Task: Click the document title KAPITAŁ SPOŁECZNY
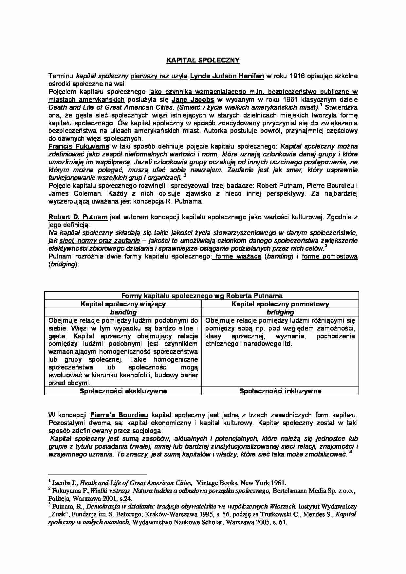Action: pos(203,60)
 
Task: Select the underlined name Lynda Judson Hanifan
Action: pos(227,76)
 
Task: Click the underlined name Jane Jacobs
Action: pos(193,100)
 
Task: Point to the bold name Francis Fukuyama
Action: pos(79,146)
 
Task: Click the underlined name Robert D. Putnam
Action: pos(78,217)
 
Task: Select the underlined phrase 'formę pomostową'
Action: pos(329,257)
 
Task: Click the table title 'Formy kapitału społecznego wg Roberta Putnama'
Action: pos(202,296)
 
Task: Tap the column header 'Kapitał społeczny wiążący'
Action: pos(123,304)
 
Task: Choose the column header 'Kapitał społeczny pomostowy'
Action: pos(280,304)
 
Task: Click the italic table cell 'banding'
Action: pos(123,312)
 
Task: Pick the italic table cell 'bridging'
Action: pos(280,312)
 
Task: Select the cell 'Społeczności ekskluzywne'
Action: pos(123,391)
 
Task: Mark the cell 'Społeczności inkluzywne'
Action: pos(280,391)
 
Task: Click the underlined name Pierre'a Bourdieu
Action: pos(119,415)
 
